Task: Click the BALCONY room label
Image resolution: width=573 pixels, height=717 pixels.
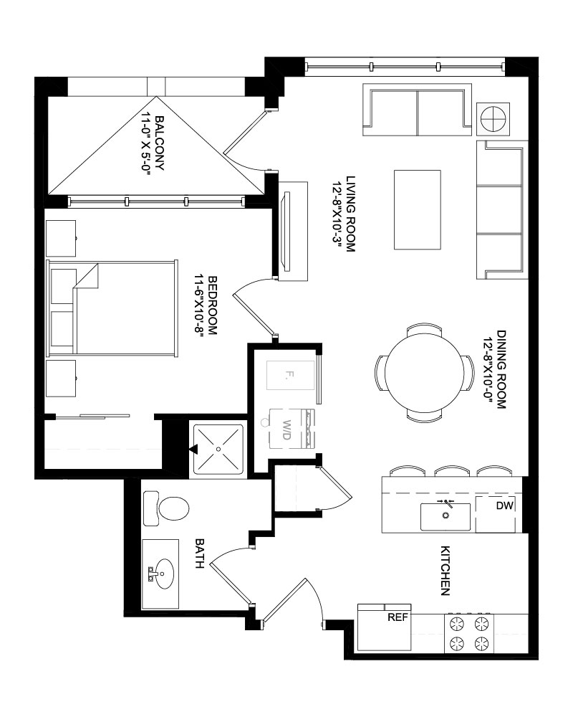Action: (160, 143)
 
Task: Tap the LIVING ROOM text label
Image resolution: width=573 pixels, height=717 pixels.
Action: (351, 214)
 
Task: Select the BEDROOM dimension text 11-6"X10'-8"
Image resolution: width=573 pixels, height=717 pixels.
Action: (199, 305)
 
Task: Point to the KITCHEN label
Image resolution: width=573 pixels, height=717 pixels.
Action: (445, 571)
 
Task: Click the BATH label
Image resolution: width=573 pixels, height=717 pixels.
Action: (200, 554)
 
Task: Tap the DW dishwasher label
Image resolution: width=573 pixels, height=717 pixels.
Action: (504, 505)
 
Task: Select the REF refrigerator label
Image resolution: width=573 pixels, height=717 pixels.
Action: (398, 617)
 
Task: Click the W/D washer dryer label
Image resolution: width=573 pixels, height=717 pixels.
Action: (286, 429)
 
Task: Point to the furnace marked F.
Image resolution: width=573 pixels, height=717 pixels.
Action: (291, 376)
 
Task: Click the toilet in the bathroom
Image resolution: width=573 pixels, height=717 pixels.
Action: (166, 508)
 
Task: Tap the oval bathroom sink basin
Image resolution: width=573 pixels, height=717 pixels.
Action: (163, 574)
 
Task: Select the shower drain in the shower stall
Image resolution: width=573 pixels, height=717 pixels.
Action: (218, 449)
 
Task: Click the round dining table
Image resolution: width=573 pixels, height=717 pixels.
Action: (423, 373)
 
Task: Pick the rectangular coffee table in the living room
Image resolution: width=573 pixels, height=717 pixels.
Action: (418, 210)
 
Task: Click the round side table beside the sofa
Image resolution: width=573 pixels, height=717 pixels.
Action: (493, 118)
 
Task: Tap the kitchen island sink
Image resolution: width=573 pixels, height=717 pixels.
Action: (446, 517)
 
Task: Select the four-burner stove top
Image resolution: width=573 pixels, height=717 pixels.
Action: (469, 633)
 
